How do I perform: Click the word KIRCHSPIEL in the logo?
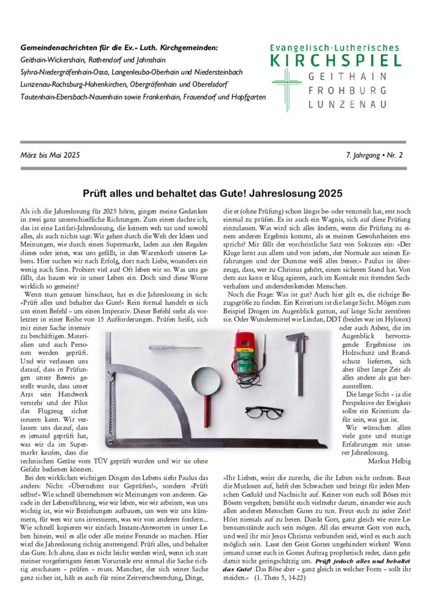pos(336,60)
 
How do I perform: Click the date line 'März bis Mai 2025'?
pos(50,155)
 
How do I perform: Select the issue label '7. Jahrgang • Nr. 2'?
pos(374,155)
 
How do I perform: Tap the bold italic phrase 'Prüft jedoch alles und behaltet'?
pos(361,561)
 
